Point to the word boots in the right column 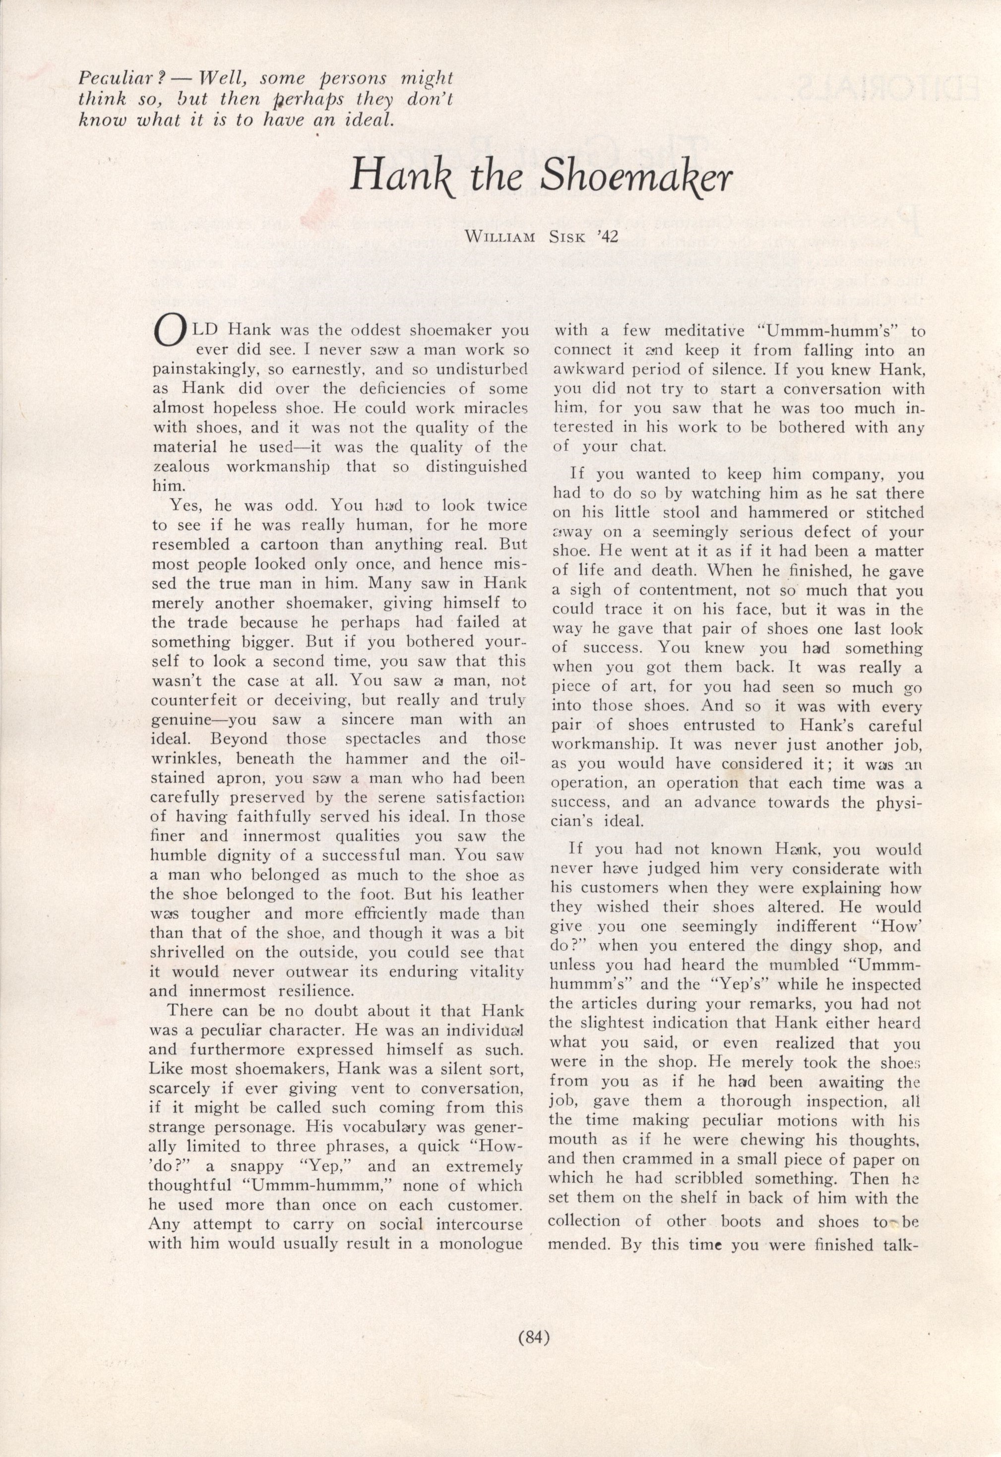(741, 1220)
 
